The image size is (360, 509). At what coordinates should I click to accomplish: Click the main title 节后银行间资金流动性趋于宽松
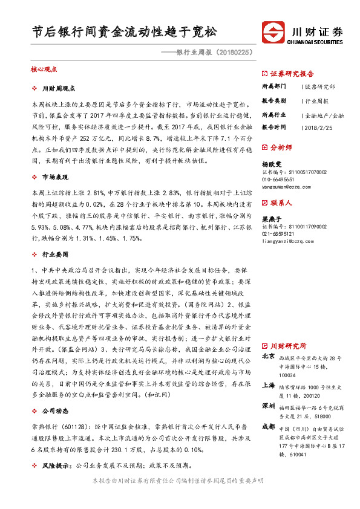(x=124, y=31)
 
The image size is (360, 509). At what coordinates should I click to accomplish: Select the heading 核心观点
(x=44, y=70)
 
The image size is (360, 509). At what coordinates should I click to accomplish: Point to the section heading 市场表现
(x=54, y=177)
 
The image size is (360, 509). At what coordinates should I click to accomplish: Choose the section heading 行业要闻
(x=54, y=255)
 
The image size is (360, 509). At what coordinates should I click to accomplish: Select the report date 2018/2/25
(x=318, y=128)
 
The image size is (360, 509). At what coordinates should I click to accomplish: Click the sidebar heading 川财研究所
(x=288, y=346)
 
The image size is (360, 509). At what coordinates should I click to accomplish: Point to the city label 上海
(x=269, y=384)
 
